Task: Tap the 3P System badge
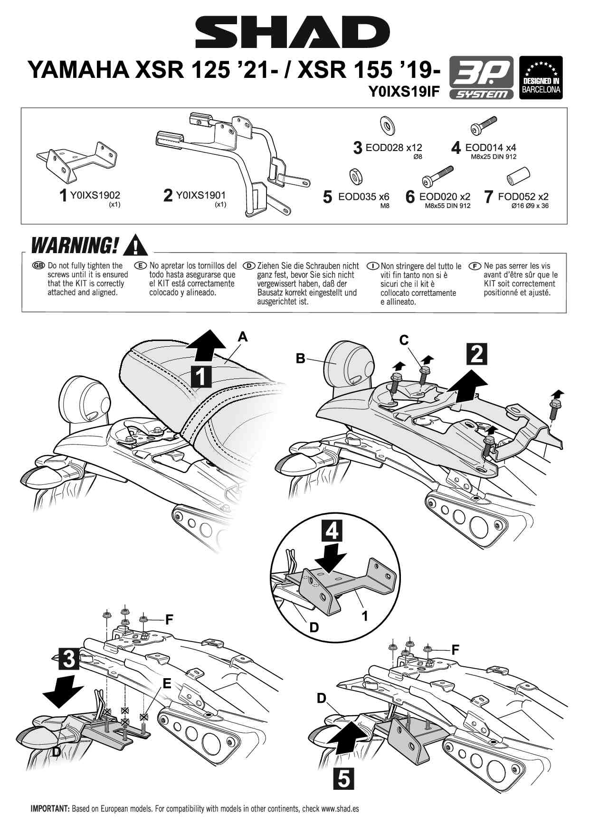pos(481,77)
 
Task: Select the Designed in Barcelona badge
pos(541,77)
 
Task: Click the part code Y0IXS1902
pos(95,195)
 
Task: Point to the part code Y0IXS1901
pos(201,195)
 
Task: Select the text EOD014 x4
pos(491,148)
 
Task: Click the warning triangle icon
pos(135,245)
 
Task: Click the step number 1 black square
pos(201,376)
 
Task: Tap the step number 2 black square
pos(477,354)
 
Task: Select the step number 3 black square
pos(69,659)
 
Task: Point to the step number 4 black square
pos(332,530)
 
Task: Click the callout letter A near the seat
pos(243,337)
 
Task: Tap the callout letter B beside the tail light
pos(300,359)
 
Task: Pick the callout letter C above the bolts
pos(404,340)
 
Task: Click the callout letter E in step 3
pos(167,683)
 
